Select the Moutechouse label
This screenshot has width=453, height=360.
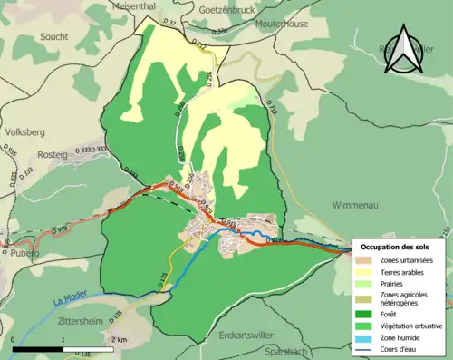tap(278, 24)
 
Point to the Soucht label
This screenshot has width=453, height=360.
tap(54, 36)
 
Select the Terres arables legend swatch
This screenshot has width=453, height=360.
tap(368, 271)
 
